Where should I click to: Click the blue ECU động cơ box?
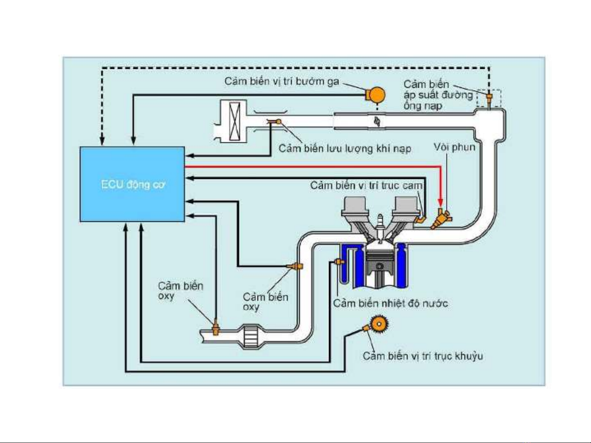132,184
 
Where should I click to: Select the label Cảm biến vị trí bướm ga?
282,81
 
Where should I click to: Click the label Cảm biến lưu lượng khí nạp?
345,148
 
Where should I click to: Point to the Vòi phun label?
454,147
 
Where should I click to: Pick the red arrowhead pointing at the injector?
440,202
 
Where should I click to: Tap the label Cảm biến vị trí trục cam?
366,185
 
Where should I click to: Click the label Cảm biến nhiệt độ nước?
390,303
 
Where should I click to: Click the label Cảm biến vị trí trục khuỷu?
422,356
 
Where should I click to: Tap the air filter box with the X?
235,121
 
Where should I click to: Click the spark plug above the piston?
381,225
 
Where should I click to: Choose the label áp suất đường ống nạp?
438,95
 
